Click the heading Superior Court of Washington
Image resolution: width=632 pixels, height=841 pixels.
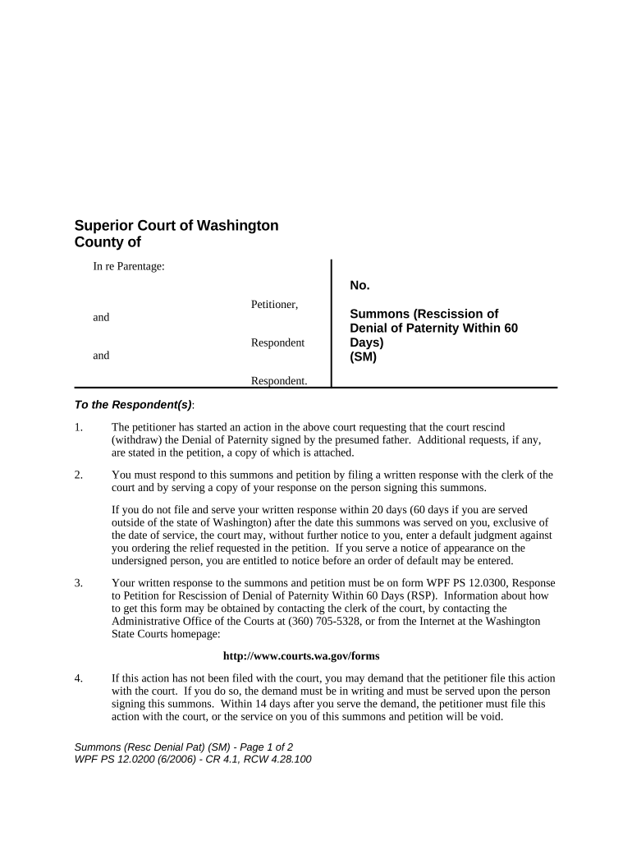pos(176,225)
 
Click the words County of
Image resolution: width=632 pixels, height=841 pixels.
pos(108,242)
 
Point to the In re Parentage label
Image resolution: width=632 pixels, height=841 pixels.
pos(130,266)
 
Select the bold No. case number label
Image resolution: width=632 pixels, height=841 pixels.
pos(360,286)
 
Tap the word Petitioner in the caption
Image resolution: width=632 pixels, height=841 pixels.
pos(274,305)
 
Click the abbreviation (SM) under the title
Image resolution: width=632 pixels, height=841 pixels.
pos(363,356)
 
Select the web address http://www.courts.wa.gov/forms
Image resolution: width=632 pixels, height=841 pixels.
pos(301,656)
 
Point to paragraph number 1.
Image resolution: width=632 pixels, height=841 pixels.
pos(78,427)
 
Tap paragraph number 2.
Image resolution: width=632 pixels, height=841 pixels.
pos(78,475)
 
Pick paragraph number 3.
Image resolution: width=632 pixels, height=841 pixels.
pos(78,583)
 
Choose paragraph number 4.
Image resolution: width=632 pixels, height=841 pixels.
pos(78,678)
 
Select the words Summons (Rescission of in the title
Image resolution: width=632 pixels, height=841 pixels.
pos(424,314)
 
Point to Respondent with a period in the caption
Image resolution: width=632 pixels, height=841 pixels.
pos(279,380)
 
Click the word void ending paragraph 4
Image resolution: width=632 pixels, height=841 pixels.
pos(489,715)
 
